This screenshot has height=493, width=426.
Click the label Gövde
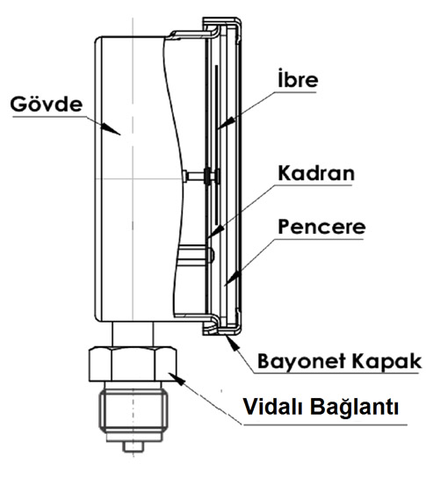coord(47,104)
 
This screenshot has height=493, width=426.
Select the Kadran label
coord(316,173)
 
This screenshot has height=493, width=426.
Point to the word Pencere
coord(321,227)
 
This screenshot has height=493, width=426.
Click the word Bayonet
coord(302,361)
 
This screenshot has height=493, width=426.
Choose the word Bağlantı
coord(355,408)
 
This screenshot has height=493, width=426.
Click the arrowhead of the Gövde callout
coord(111,129)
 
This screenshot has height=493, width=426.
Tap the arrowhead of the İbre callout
coord(227,123)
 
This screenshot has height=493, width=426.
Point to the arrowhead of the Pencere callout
coord(233,278)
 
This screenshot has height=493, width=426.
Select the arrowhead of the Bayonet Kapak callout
coord(233,343)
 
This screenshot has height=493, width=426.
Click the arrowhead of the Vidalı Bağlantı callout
coord(177,378)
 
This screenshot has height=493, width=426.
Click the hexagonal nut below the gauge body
coord(133,364)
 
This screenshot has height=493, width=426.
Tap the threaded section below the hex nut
coord(134,410)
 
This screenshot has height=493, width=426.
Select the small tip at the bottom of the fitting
coord(134,446)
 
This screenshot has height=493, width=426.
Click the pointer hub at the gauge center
coord(208,176)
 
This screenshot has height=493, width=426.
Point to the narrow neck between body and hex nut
coord(133,334)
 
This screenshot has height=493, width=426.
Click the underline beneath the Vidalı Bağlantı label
coord(325,425)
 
